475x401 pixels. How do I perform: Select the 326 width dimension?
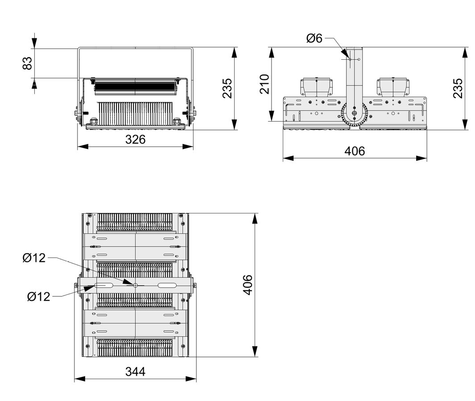pyautogui.click(x=135, y=139)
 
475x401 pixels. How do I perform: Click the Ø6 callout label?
pyautogui.click(x=314, y=39)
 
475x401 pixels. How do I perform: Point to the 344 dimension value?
pyautogui.click(x=135, y=372)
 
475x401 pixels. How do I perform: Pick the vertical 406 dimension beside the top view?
pyautogui.click(x=248, y=284)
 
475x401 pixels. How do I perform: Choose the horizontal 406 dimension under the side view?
pyautogui.click(x=355, y=151)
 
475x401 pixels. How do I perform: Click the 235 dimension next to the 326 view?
pyautogui.click(x=227, y=88)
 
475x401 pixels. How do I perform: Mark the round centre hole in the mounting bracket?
pyautogui.click(x=135, y=285)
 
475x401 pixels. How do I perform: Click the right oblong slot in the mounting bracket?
pyautogui.click(x=166, y=285)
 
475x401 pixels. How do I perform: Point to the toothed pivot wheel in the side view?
pyautogui.click(x=355, y=115)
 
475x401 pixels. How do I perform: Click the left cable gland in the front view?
pyautogui.click(x=94, y=121)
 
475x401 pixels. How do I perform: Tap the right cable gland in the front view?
pyautogui.click(x=178, y=121)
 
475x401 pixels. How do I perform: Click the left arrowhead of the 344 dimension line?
pyautogui.click(x=78, y=379)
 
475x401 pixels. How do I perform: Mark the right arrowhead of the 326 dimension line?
pyautogui.click(x=189, y=146)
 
